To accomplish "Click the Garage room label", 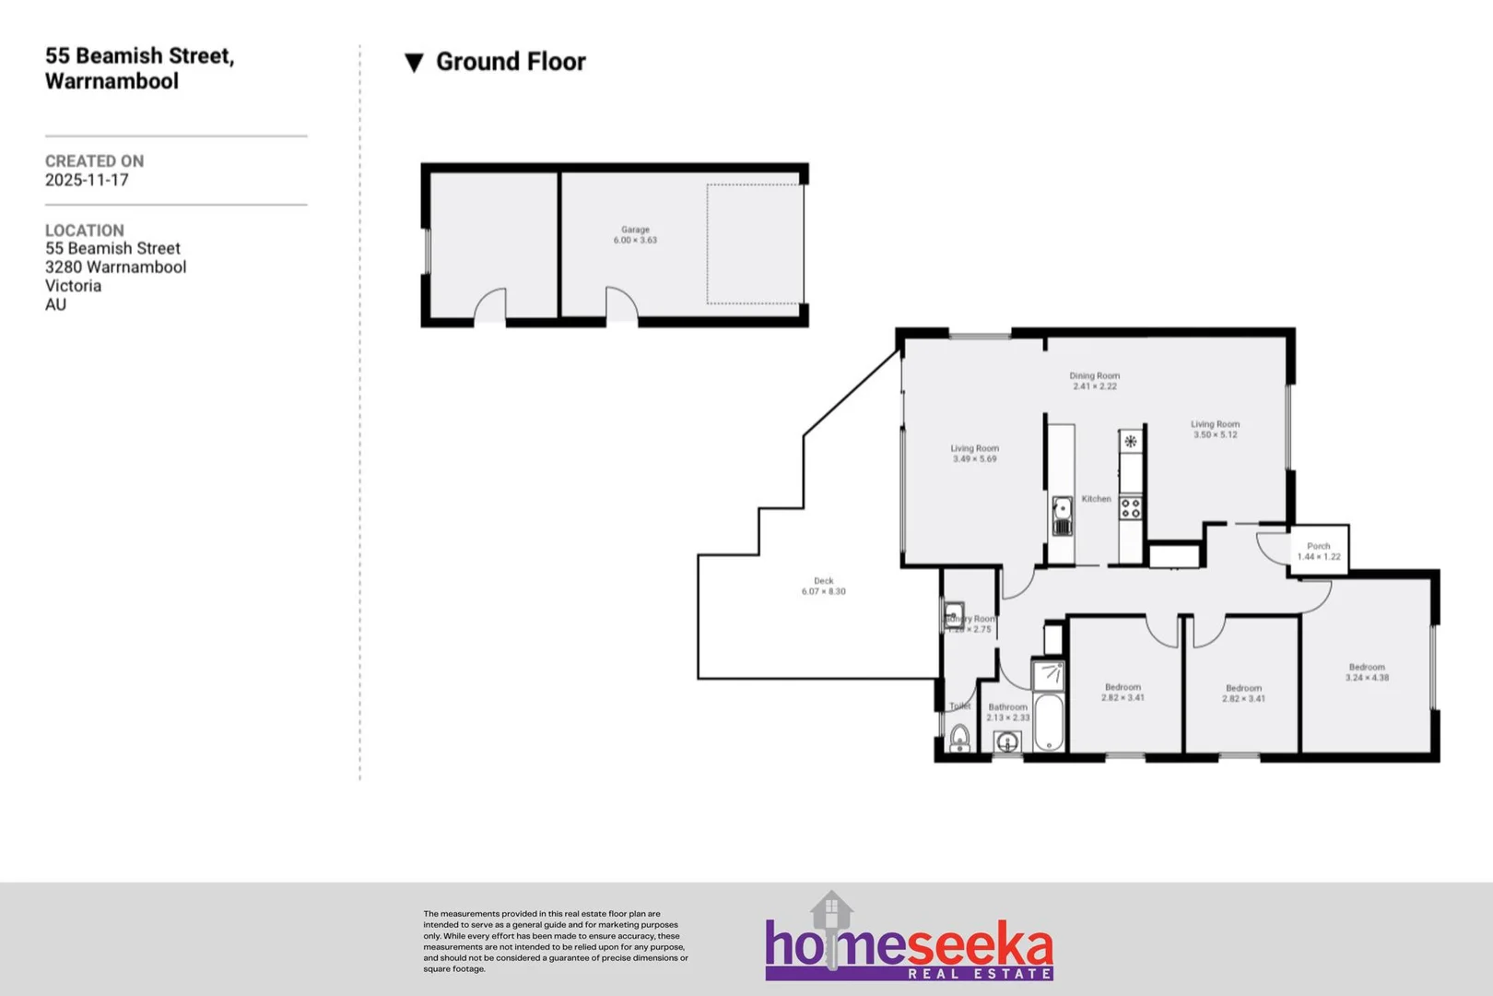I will (x=635, y=230).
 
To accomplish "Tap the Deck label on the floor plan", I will (x=823, y=581).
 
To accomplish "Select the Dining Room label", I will (x=1094, y=375).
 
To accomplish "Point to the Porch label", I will (x=1319, y=546).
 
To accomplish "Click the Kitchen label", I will (x=1096, y=499).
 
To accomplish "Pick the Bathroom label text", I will (x=1007, y=707).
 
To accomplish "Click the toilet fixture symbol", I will (x=959, y=738).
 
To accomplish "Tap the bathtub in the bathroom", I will (x=1049, y=722).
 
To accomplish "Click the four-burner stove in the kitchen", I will (x=1131, y=507).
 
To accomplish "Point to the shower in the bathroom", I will (x=1049, y=674).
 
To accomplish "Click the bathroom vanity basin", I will (x=1007, y=742).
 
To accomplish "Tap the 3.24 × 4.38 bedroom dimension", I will (x=1367, y=678).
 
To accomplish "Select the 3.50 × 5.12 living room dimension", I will (x=1215, y=434).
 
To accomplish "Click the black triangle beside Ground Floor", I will (x=415, y=63).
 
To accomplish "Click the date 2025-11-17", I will (x=87, y=180).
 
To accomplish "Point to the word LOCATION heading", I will (x=84, y=231).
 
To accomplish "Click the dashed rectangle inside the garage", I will (x=754, y=243).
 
